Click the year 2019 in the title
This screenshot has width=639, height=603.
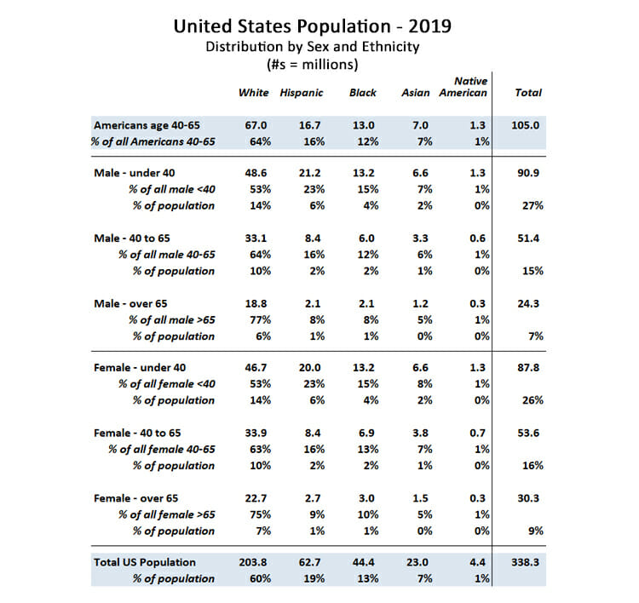point(429,26)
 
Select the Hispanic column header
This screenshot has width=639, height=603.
point(301,94)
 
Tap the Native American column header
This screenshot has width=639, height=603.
point(463,87)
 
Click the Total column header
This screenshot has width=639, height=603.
point(528,93)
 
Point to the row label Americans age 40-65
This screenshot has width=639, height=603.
point(147,125)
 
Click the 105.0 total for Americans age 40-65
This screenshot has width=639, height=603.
point(526,125)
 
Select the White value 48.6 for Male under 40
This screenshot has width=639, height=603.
point(256,173)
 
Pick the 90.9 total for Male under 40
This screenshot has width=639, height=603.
point(528,173)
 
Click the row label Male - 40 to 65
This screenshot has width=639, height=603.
point(131,238)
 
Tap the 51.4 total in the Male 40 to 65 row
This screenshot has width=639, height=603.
point(528,238)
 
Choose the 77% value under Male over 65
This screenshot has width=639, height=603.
point(260,320)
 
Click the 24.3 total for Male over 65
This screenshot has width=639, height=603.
point(528,303)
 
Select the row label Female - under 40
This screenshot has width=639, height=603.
point(140,367)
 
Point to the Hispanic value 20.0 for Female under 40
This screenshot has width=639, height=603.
point(309,367)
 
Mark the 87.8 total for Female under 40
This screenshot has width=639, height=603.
point(528,367)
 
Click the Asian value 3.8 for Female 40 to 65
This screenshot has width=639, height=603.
point(420,433)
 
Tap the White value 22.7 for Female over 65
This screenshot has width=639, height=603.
point(256,498)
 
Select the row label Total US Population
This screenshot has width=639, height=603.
point(145,563)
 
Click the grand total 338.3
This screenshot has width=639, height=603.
point(526,562)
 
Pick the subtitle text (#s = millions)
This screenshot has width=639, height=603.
point(313,65)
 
